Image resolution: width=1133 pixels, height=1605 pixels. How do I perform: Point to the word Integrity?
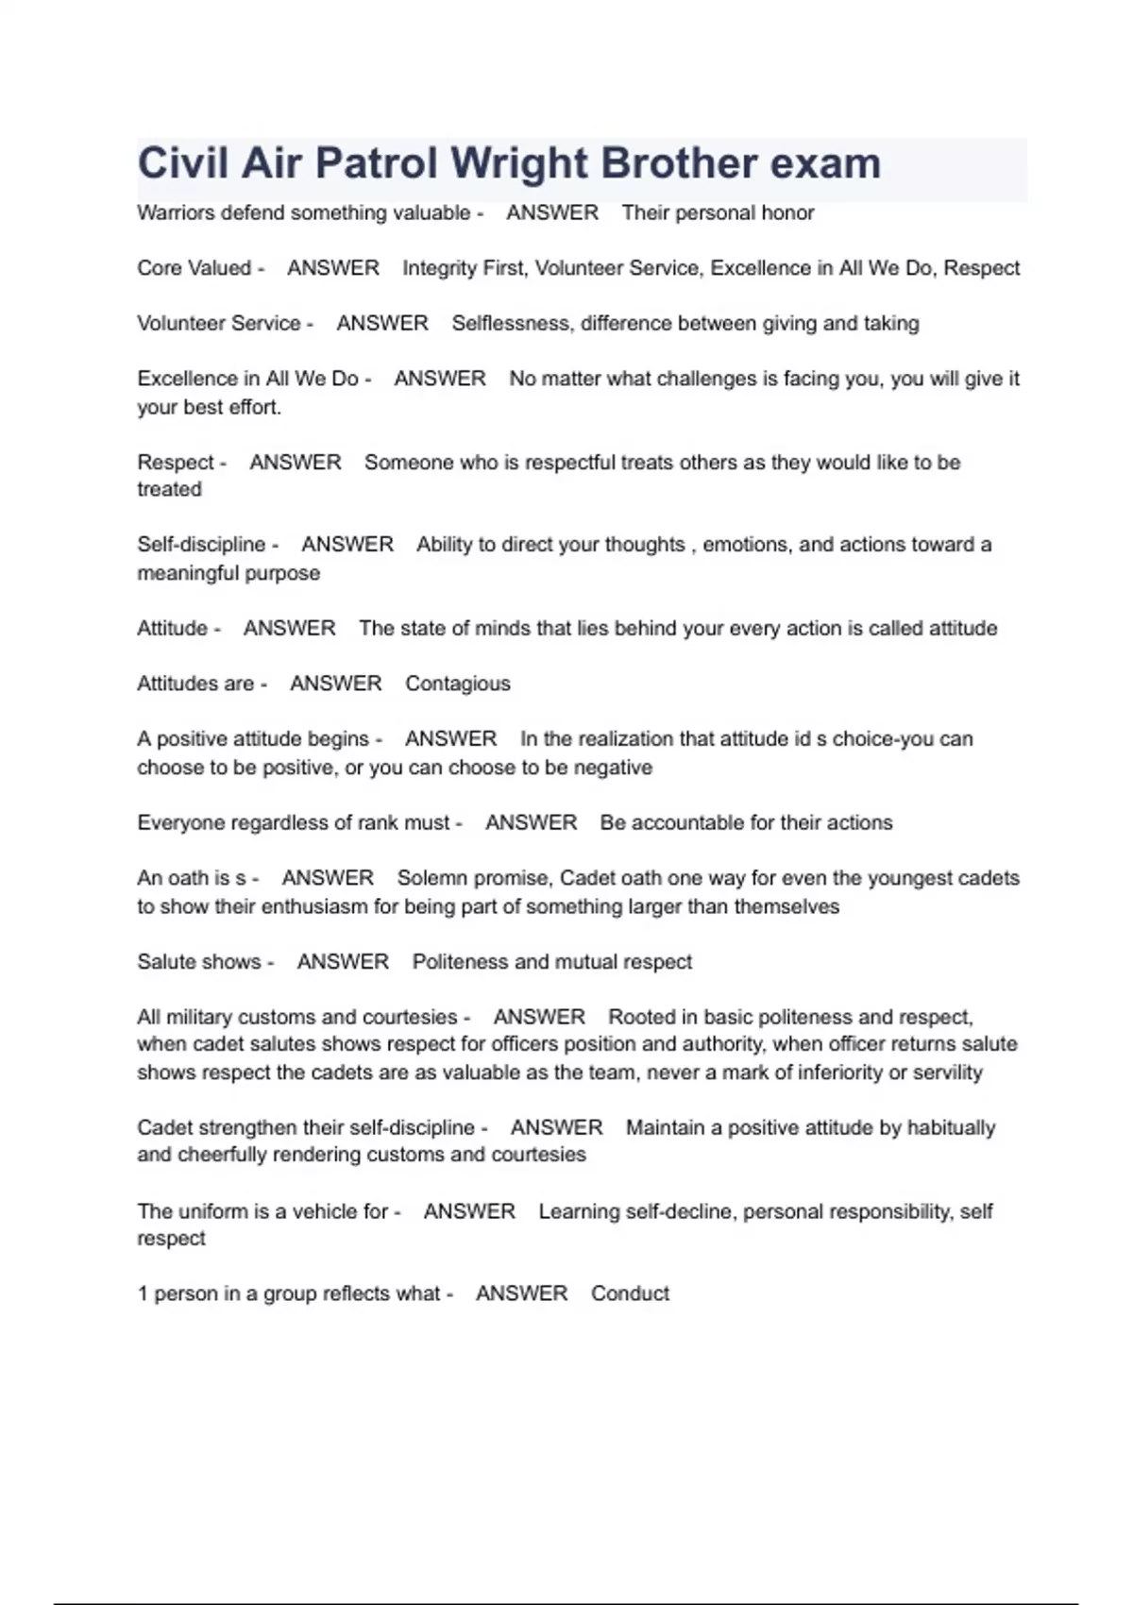(439, 268)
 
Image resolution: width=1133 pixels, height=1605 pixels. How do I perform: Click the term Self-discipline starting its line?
(201, 545)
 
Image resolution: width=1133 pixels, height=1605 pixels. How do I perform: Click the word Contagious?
(458, 684)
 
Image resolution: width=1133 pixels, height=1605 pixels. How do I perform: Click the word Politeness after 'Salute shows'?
(460, 962)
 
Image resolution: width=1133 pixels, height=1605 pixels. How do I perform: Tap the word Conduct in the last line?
(630, 1293)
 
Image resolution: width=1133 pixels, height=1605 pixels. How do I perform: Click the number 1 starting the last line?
(143, 1293)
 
